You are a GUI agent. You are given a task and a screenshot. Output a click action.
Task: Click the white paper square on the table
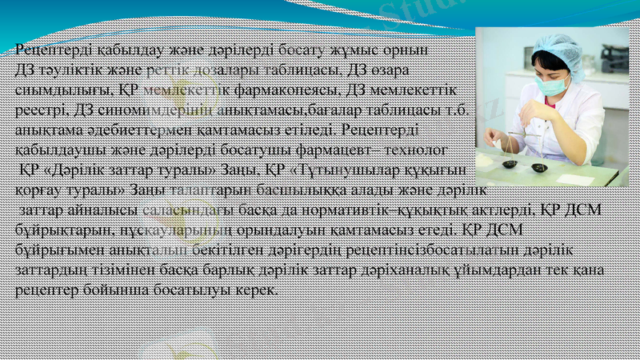click(574, 179)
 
